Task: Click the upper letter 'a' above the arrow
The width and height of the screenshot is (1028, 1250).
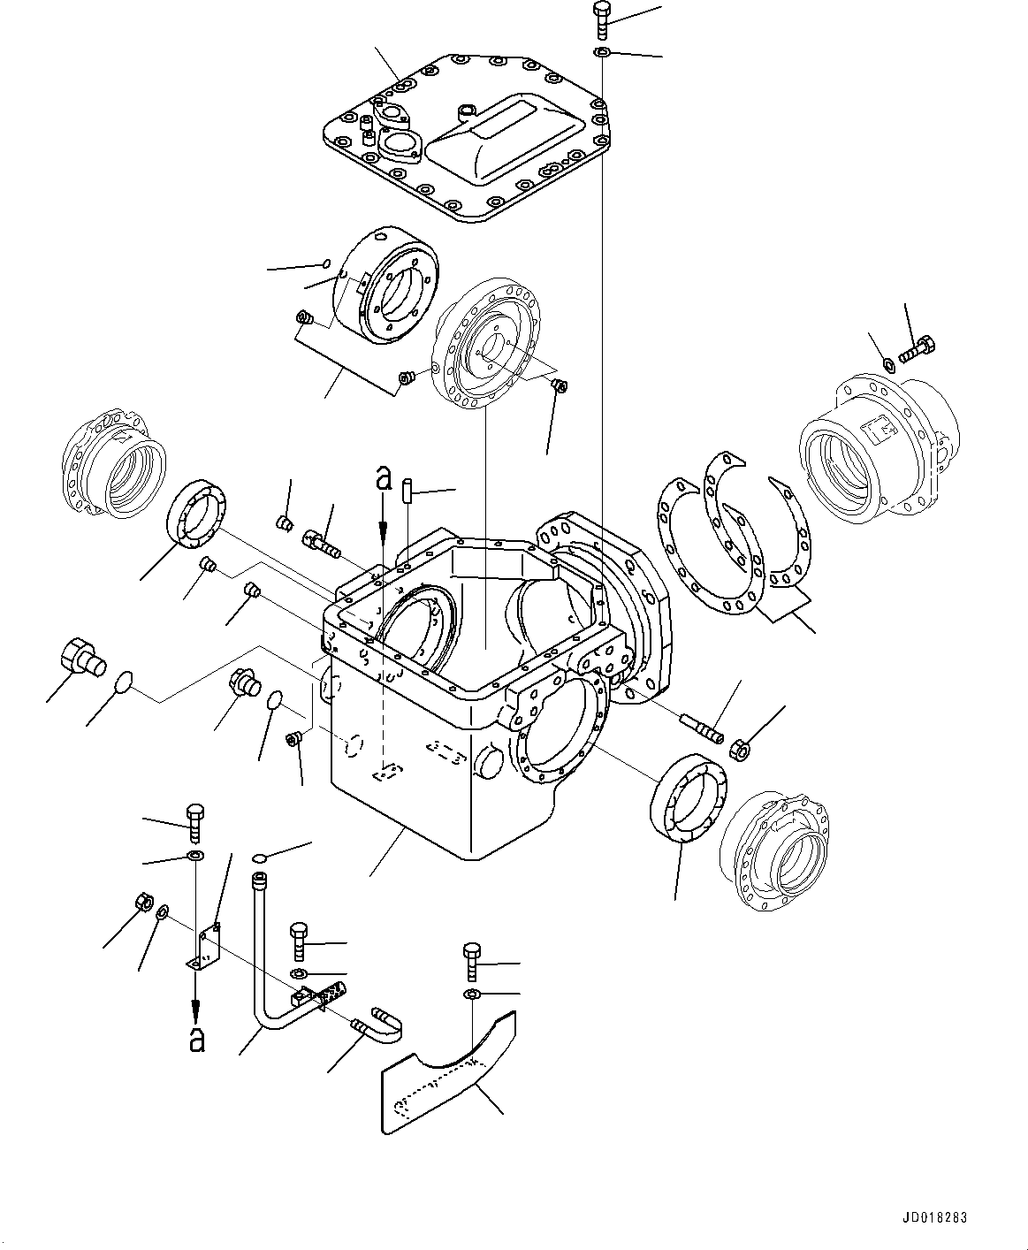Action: (383, 478)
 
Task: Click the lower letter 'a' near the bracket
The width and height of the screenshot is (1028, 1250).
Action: (197, 1039)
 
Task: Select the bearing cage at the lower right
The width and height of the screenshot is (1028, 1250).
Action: (773, 849)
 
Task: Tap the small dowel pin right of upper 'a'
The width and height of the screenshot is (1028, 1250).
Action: (407, 489)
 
